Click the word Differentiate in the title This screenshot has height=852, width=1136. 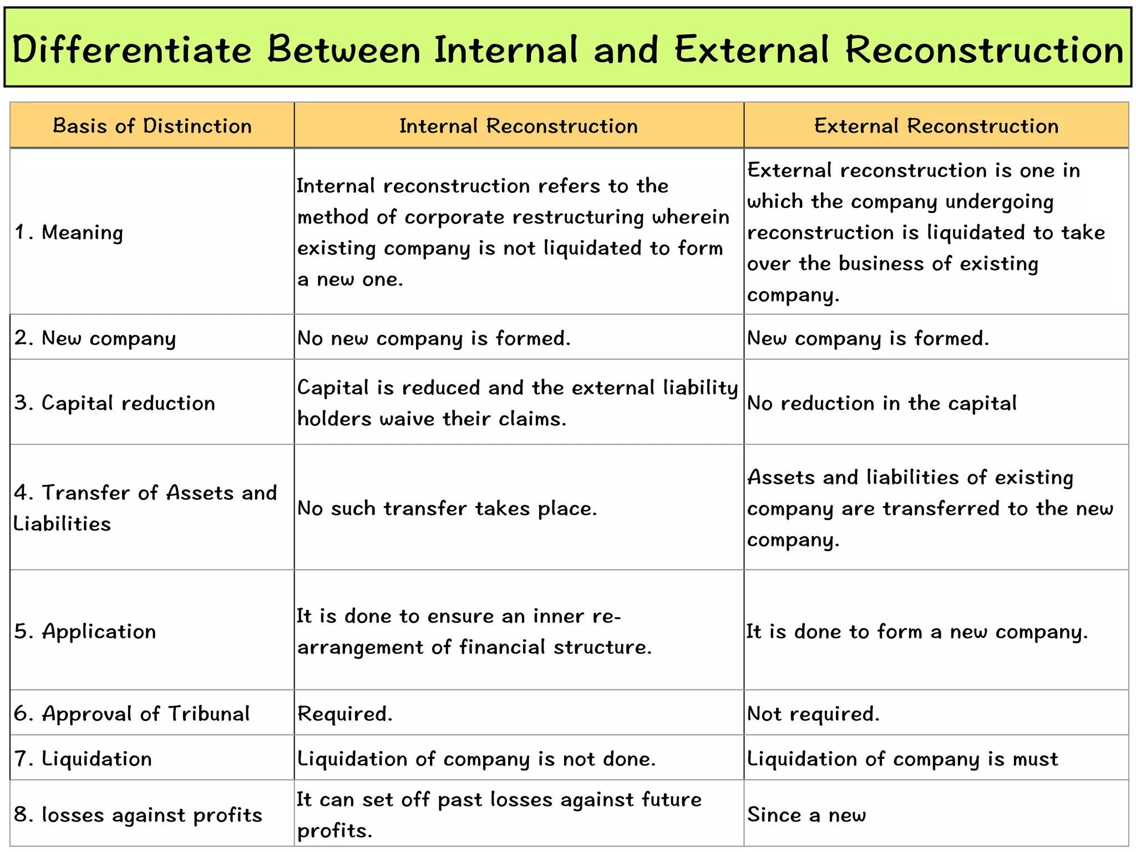pyautogui.click(x=132, y=50)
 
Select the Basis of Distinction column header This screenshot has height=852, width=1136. pyautogui.click(x=152, y=126)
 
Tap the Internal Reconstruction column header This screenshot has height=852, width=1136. pyautogui.click(x=519, y=126)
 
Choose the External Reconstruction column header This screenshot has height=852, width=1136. pyautogui.click(x=936, y=126)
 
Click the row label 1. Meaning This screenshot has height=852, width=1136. pyautogui.click(x=69, y=232)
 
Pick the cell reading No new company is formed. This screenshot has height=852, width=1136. pyautogui.click(x=434, y=338)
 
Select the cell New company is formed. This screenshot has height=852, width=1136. pyautogui.click(x=868, y=338)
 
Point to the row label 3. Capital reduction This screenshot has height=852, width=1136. pyautogui.click(x=115, y=403)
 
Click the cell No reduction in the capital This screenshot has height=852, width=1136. pyautogui.click(x=882, y=403)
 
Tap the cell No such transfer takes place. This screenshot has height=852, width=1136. pyautogui.click(x=447, y=509)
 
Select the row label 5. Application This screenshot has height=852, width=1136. pyautogui.click(x=85, y=632)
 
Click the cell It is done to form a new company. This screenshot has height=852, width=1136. pyautogui.click(x=917, y=632)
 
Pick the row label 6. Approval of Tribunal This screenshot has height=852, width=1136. pyautogui.click(x=132, y=714)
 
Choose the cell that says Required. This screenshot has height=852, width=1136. pyautogui.click(x=345, y=714)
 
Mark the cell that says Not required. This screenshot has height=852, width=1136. pyautogui.click(x=813, y=714)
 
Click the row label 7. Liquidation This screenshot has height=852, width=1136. pyautogui.click(x=83, y=759)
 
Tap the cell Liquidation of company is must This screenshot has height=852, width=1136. pyautogui.click(x=902, y=759)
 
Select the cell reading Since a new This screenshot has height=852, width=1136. pyautogui.click(x=807, y=815)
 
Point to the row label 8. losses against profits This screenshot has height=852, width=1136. pyautogui.click(x=138, y=815)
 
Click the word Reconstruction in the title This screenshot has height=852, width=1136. pyautogui.click(x=984, y=50)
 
